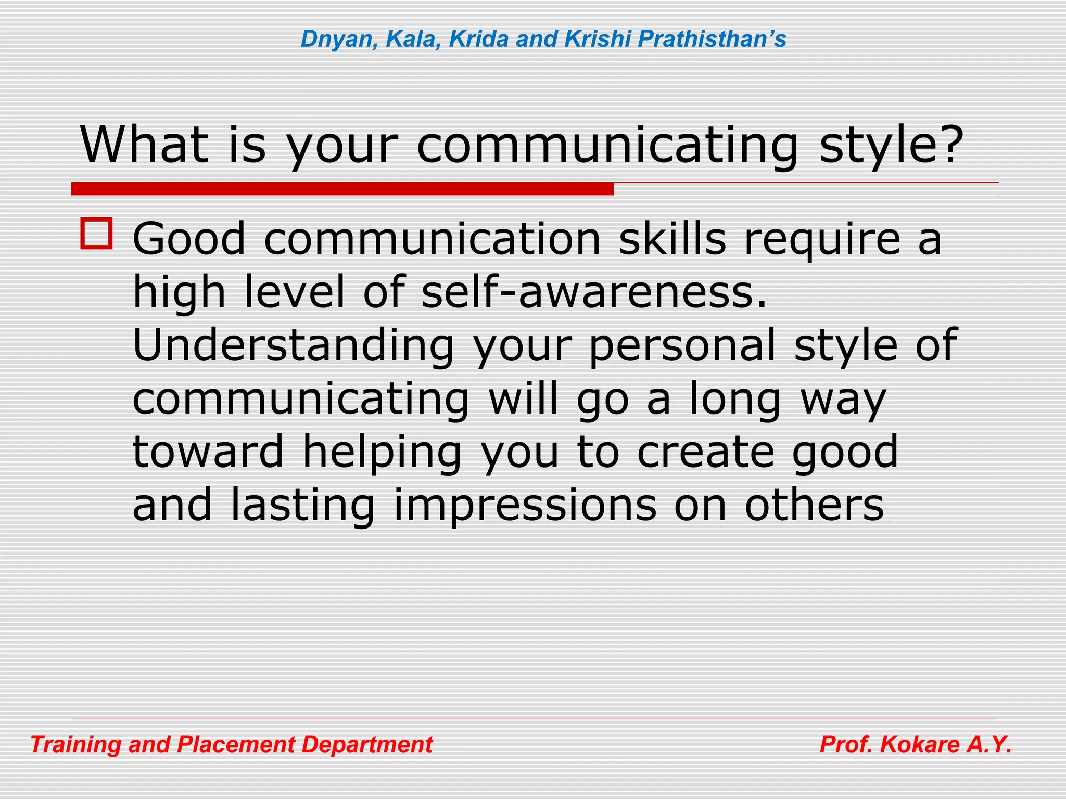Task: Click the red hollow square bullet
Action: (x=96, y=234)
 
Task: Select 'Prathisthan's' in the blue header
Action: (x=712, y=39)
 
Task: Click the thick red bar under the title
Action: (x=342, y=189)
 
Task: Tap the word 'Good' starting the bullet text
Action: (x=189, y=239)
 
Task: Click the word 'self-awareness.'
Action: (x=593, y=292)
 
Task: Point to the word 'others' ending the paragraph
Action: (x=814, y=505)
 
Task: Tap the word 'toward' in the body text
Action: (x=208, y=452)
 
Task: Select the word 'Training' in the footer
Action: (x=75, y=745)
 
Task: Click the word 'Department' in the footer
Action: (x=367, y=745)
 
